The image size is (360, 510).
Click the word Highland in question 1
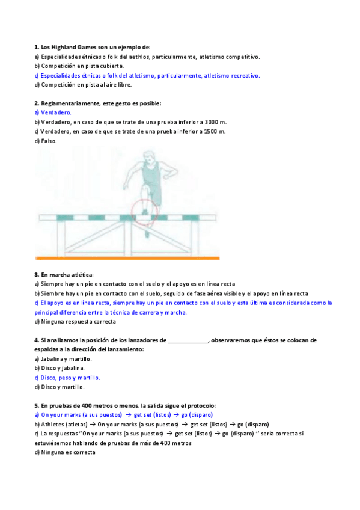[64, 47]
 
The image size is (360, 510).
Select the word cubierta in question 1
[109, 66]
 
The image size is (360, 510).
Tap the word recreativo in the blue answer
[243, 76]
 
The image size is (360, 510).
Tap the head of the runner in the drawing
[148, 158]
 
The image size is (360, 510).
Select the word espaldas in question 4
[47, 349]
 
